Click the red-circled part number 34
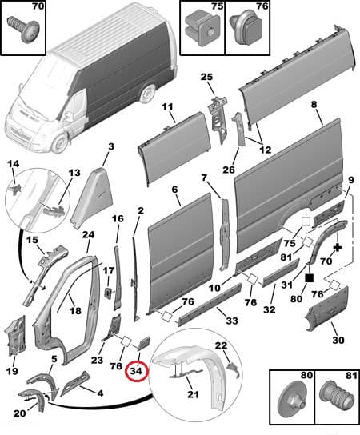coord(135,370)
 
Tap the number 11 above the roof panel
coord(167,107)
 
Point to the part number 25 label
coord(206,77)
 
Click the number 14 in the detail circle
coord(12,165)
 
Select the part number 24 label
coord(88,234)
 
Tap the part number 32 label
coord(269,309)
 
